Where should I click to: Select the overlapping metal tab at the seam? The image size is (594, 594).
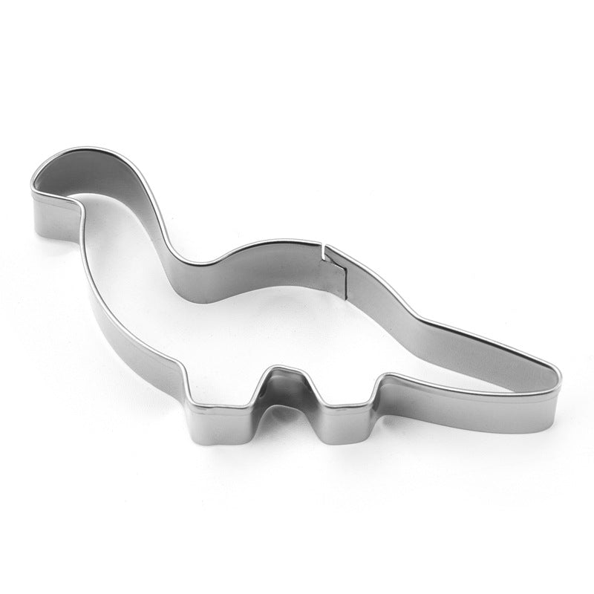click(336, 271)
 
